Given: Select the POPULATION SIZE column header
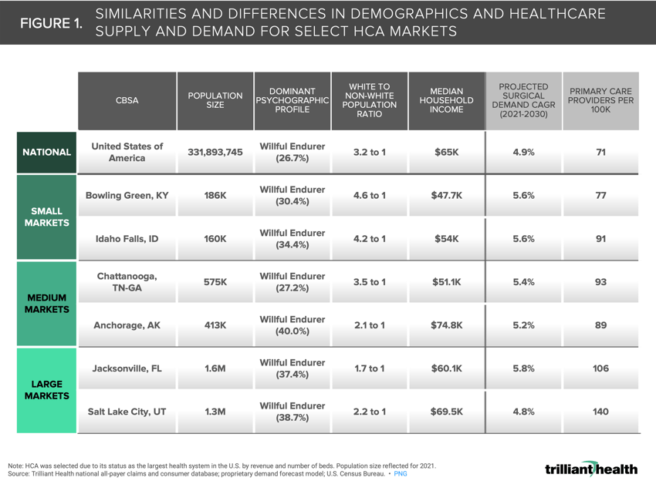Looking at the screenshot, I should point(215,101).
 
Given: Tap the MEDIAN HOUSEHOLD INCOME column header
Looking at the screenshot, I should point(446,101).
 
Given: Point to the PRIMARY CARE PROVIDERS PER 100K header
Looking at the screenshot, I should point(600,101).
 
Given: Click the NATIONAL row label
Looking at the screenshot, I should point(46,153).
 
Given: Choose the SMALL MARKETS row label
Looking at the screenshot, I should point(46,217).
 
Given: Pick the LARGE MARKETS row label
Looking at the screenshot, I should point(46,389).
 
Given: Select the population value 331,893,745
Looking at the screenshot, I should point(215,153).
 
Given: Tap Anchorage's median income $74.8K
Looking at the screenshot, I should point(446,325).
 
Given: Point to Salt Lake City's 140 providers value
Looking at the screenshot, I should point(600,412).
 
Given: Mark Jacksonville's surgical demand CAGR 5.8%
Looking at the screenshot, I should point(523,368).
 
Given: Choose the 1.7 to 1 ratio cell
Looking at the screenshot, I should point(369,368).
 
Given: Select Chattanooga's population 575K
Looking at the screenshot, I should point(215,282).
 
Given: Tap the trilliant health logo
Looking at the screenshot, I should point(590,469).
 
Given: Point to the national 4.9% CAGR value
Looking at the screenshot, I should point(523,153).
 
